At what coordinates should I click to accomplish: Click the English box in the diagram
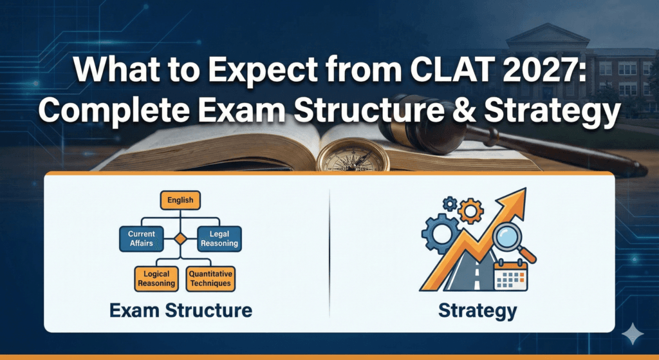click(x=180, y=200)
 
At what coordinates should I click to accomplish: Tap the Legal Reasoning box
click(x=219, y=238)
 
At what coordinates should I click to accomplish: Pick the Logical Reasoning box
click(x=156, y=278)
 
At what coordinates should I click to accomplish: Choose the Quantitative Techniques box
click(x=210, y=278)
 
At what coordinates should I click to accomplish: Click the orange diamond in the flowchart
click(x=181, y=239)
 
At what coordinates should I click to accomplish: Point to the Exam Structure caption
click(x=181, y=310)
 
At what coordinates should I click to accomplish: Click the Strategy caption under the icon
click(x=477, y=310)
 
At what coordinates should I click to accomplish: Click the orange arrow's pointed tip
click(x=523, y=192)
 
